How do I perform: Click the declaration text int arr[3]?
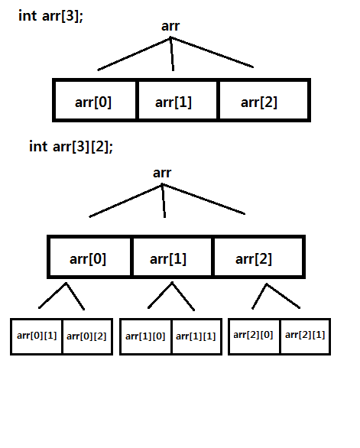pos(50,16)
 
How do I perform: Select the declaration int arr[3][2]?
pos(71,147)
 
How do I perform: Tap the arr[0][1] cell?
pos(36,336)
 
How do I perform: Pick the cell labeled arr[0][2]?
pos(87,336)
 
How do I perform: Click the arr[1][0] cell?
pos(146,336)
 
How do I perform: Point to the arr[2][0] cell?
pos(254,336)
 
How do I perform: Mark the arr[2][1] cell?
pos(306,336)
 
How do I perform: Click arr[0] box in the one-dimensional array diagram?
pos(95,100)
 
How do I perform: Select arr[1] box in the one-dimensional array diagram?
pos(177,100)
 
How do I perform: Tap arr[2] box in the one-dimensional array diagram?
pos(264,100)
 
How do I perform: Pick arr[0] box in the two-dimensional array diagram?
pos(89,257)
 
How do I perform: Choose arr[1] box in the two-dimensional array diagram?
pos(172,257)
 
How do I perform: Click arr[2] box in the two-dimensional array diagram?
pos(259,257)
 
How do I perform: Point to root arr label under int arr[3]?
pos(170,26)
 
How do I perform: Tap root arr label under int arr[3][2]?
pos(162,173)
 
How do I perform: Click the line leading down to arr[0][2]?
pos(75,297)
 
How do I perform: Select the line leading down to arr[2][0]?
pos(259,297)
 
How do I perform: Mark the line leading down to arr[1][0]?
pos(160,295)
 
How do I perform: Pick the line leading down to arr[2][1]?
pos(284,296)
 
